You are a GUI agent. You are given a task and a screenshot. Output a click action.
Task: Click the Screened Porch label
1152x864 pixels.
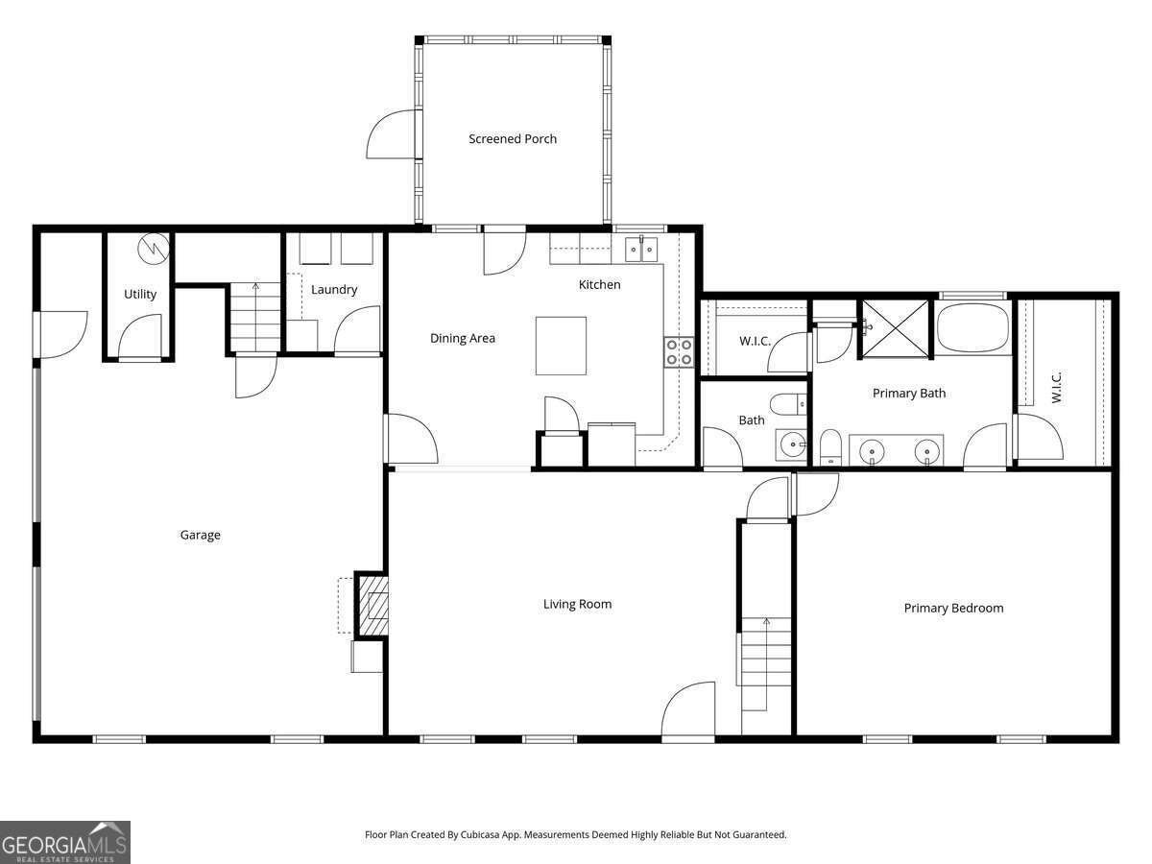tap(513, 139)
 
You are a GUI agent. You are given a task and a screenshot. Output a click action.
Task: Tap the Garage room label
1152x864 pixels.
tap(200, 535)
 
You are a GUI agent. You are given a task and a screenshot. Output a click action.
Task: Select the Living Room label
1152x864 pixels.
tap(577, 604)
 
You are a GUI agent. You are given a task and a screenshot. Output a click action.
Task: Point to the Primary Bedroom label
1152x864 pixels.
tap(953, 608)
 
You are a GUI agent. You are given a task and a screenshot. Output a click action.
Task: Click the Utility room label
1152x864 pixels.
tap(140, 294)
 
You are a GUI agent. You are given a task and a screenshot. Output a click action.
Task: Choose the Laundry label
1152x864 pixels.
tap(334, 289)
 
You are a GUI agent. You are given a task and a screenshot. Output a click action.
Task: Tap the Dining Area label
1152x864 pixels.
tap(462, 338)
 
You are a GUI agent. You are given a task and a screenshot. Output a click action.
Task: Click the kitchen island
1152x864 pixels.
tap(561, 346)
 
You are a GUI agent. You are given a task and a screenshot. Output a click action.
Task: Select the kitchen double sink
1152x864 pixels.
tap(641, 250)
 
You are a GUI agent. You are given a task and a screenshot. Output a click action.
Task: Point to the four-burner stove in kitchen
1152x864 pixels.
tap(680, 352)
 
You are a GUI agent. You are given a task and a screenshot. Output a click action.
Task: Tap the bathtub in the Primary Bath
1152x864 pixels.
tap(972, 327)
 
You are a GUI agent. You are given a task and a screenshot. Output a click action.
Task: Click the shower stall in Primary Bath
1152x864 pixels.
tap(895, 327)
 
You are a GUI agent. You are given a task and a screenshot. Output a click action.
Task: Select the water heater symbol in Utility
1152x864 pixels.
tap(154, 249)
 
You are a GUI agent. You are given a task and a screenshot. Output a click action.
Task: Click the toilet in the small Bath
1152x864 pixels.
tap(789, 404)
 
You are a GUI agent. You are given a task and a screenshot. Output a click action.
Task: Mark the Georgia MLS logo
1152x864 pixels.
tap(65, 843)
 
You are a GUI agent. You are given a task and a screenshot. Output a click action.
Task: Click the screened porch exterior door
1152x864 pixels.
tap(395, 134)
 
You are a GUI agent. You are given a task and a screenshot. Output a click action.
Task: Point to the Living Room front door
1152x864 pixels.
tap(688, 712)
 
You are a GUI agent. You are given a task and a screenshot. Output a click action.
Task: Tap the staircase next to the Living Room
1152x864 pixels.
tap(765, 662)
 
